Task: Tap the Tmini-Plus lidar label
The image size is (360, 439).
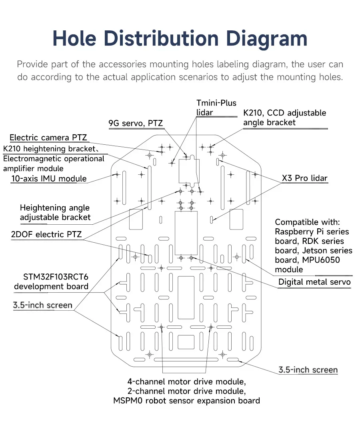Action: pos(216,108)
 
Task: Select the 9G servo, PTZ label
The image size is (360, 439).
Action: pos(136,123)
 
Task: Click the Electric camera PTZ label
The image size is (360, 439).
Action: pos(48,138)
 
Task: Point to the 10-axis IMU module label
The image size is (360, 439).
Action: pos(49,178)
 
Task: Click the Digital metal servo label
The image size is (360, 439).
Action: pos(314,282)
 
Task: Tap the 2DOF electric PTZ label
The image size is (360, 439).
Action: pos(46,234)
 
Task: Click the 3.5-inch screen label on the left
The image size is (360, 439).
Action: pos(43,305)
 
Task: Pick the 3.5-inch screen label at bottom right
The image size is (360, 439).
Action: pos(308,370)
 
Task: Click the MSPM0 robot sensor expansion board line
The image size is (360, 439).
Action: pos(186,401)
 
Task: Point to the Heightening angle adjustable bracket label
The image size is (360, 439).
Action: pos(55,213)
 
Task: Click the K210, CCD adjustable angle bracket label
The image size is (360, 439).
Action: pos(284,118)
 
